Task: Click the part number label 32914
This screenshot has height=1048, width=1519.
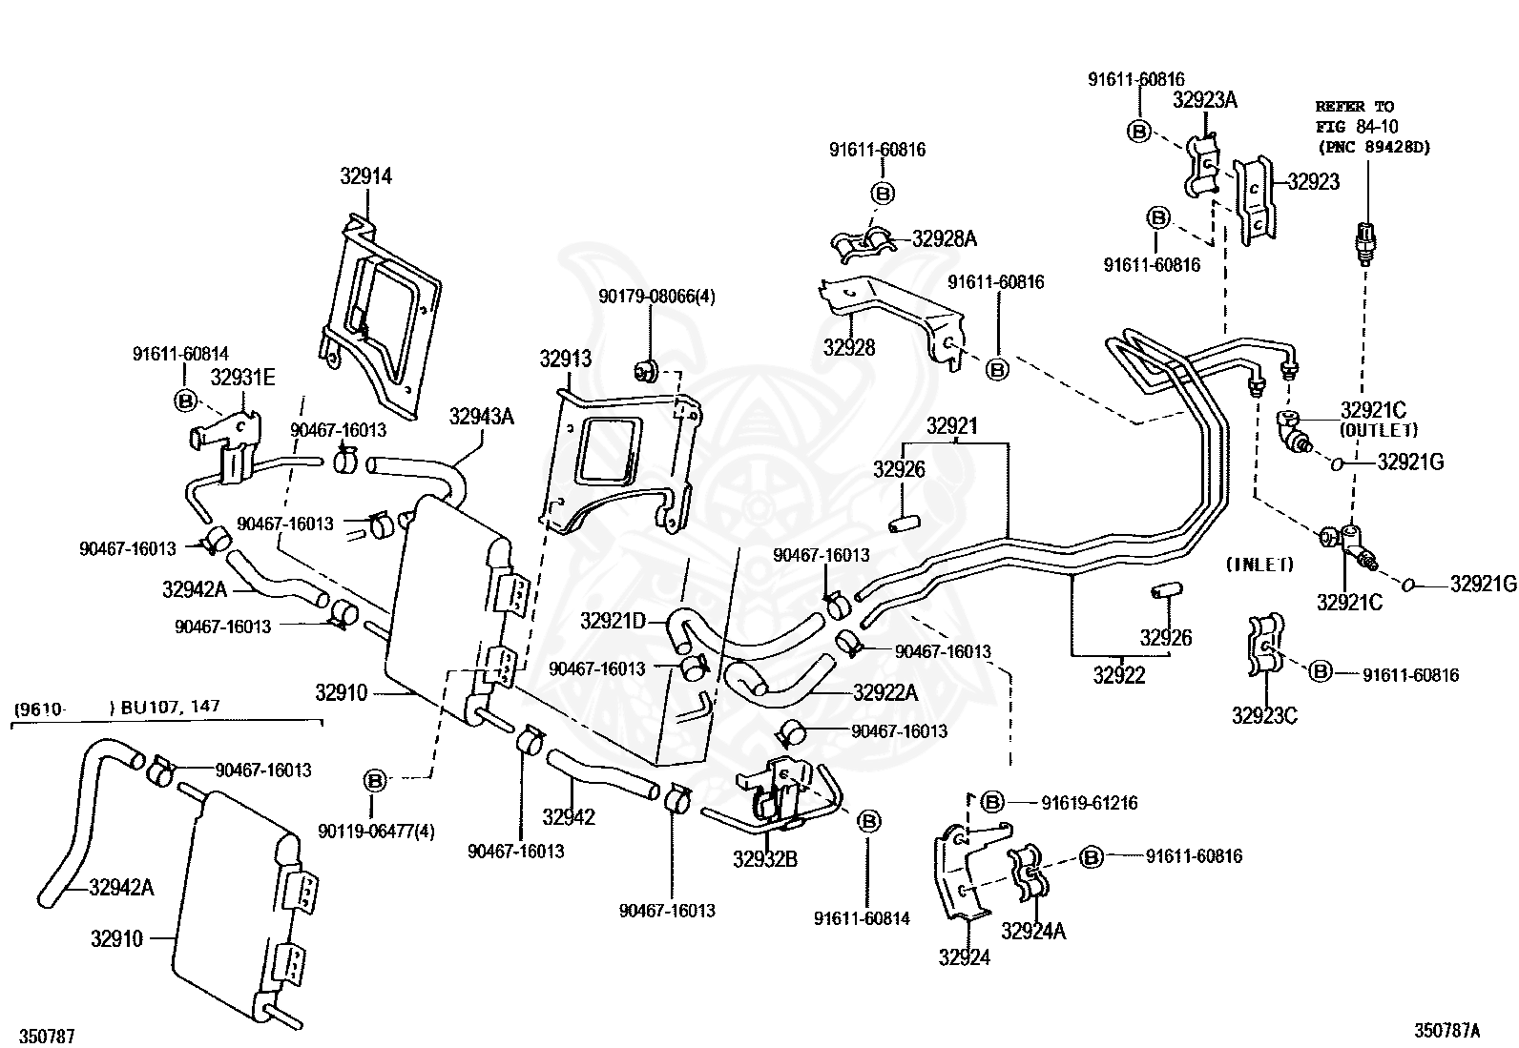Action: (366, 176)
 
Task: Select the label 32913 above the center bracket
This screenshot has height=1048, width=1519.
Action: (566, 359)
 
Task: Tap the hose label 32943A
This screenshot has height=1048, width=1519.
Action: (482, 416)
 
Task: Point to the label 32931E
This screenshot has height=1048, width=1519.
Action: (242, 378)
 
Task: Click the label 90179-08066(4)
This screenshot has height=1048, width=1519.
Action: (656, 297)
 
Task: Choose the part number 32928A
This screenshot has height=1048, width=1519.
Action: (944, 238)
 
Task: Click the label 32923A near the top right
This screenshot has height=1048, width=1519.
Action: (1205, 100)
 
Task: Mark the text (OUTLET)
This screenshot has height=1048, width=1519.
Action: (1379, 430)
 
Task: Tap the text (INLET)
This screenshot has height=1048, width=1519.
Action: (1260, 564)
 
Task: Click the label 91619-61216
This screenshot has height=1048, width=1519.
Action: (1090, 803)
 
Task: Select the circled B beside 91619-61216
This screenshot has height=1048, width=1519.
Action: (992, 803)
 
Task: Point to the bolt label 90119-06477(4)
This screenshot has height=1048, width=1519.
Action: (376, 832)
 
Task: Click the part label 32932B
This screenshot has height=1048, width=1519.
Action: (765, 859)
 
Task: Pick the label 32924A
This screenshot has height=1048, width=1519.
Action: (1033, 932)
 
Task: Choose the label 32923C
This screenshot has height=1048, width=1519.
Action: (1264, 716)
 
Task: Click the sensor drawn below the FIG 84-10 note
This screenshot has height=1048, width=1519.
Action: (1366, 242)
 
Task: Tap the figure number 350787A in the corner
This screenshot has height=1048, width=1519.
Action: (1446, 1031)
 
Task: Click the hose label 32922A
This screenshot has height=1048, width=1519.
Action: (885, 692)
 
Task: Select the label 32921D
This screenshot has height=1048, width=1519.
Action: (613, 620)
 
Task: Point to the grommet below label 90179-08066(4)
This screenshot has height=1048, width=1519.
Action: (646, 371)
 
